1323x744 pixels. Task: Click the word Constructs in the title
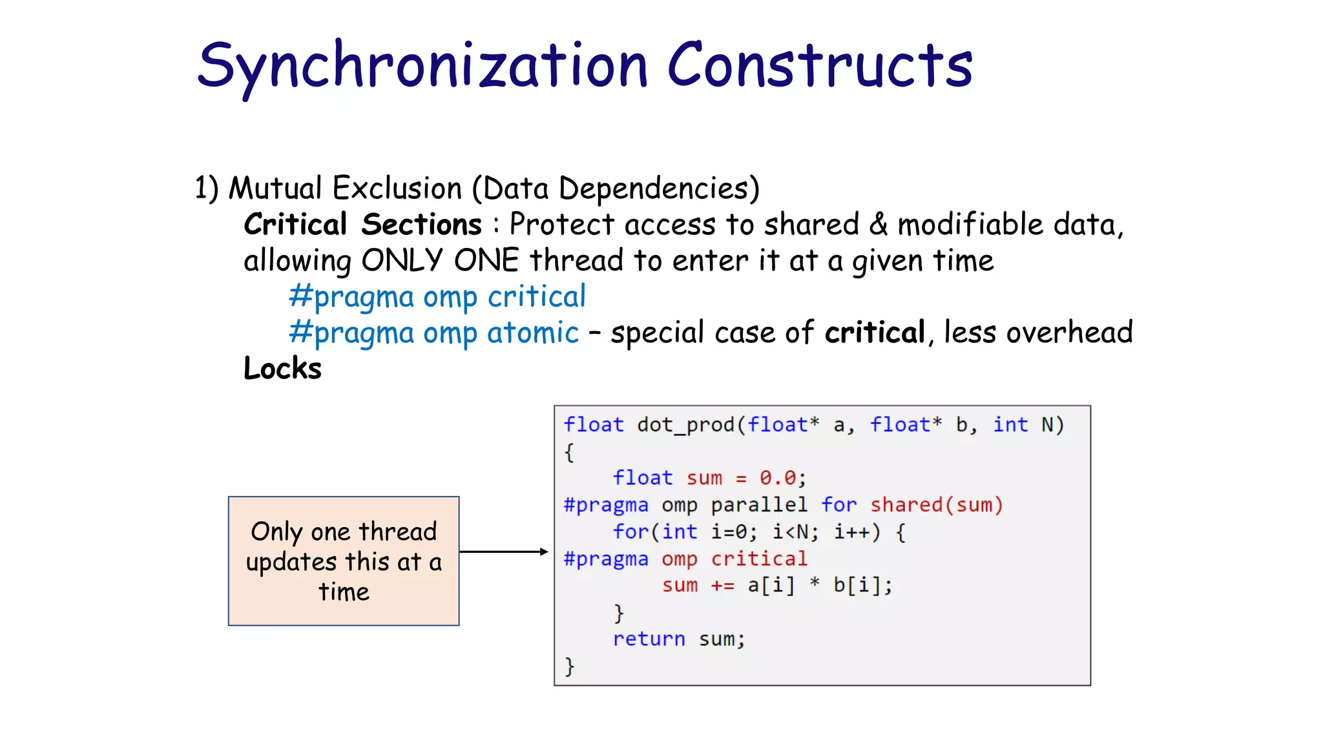tap(819, 66)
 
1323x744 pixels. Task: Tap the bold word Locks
tap(282, 369)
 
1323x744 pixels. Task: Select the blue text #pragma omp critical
tap(437, 297)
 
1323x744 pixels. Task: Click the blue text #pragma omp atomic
tap(434, 333)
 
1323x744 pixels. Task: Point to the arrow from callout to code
tap(504, 552)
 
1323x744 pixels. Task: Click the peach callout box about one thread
tap(344, 561)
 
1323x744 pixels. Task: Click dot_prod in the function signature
tap(686, 425)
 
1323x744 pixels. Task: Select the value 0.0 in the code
tap(778, 478)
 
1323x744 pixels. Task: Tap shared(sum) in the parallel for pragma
tap(936, 505)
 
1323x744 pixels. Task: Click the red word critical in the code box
tap(759, 559)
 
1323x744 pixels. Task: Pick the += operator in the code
tap(722, 586)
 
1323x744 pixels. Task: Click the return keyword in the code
tap(649, 639)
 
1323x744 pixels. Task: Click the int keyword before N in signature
tap(1010, 425)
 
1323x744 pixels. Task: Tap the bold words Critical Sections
tap(362, 225)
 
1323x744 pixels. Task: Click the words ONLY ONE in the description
tap(440, 261)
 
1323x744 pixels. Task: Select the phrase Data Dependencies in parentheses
tap(616, 189)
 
